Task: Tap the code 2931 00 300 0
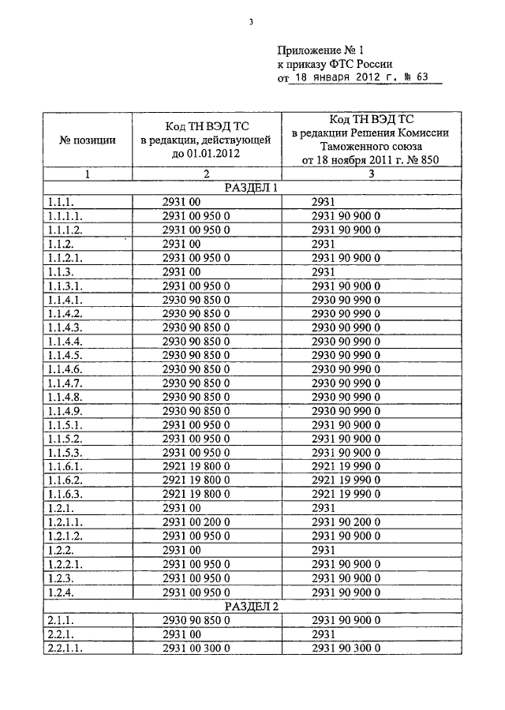(x=196, y=648)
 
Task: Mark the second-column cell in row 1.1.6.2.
(x=196, y=480)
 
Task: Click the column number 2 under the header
(x=206, y=174)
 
